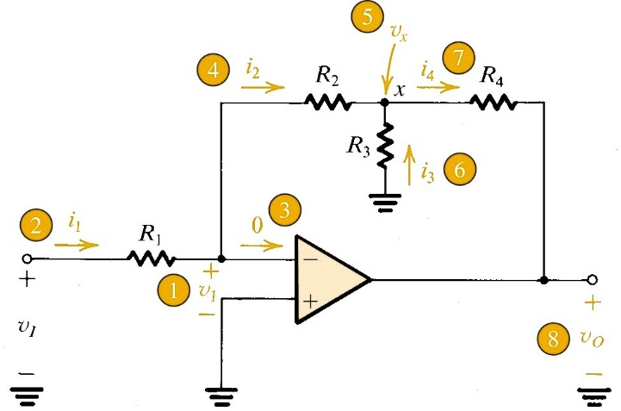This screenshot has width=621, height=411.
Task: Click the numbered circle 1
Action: coord(174,291)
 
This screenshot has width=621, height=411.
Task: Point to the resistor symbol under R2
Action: coord(327,103)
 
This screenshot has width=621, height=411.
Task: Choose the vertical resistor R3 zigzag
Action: coord(384,143)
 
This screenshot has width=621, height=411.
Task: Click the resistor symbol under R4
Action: coord(493,103)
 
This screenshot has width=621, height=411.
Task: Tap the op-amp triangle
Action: coord(327,279)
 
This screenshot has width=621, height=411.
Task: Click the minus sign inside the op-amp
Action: coord(309,258)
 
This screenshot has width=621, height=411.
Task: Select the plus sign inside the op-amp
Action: coord(309,301)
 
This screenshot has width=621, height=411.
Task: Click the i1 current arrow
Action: coord(76,246)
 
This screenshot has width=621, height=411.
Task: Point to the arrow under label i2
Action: coord(263,87)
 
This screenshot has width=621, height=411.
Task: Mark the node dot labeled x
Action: coord(384,103)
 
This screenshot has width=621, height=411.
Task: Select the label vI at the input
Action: coord(27,331)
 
